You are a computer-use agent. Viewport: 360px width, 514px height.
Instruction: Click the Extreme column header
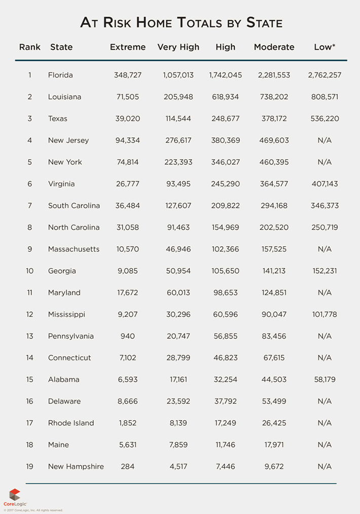(x=128, y=47)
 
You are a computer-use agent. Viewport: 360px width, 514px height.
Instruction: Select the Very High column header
(x=178, y=47)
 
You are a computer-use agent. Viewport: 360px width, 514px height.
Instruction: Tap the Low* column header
(x=325, y=47)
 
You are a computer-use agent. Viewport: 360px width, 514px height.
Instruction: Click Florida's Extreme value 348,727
(x=128, y=75)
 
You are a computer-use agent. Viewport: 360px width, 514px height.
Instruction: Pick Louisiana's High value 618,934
(x=226, y=97)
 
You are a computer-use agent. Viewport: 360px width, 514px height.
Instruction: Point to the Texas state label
(x=58, y=119)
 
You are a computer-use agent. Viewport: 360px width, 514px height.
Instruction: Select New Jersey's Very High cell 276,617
(x=178, y=140)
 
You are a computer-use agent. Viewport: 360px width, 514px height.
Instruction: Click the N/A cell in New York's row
(x=325, y=162)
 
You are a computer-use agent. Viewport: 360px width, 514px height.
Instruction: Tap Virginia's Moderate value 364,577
(x=274, y=184)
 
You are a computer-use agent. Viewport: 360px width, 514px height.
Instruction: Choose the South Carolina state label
(x=74, y=206)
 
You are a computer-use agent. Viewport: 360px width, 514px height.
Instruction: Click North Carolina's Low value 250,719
(x=325, y=228)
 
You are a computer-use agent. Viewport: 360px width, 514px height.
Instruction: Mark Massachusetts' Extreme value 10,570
(x=128, y=249)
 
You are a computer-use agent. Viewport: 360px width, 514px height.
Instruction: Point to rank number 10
(x=30, y=271)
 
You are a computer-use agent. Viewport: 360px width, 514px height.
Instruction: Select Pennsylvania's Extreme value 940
(x=128, y=336)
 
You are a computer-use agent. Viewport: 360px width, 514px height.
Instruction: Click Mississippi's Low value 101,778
(x=325, y=314)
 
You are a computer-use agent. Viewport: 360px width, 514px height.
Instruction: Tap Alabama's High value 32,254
(x=226, y=380)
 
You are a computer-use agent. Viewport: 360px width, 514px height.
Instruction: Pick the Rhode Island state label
(x=71, y=423)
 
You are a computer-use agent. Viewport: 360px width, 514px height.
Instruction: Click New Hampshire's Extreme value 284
(x=128, y=466)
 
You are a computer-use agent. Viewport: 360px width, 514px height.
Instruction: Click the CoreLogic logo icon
(x=15, y=495)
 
